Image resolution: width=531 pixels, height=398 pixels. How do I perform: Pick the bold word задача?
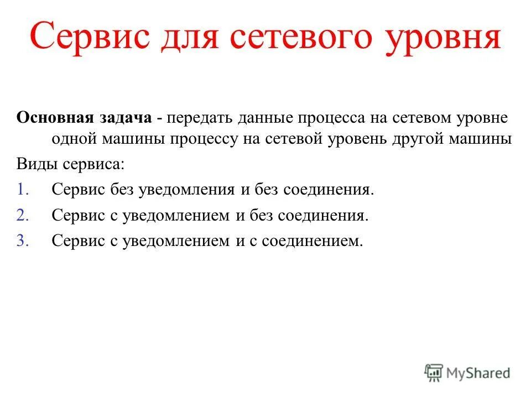tap(126, 118)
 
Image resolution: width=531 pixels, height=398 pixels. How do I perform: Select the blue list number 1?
tap(22, 190)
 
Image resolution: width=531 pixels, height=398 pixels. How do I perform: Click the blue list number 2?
tap(22, 215)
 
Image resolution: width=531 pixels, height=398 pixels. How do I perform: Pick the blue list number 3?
tap(22, 240)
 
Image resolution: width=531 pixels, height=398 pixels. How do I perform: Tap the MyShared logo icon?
tap(434, 373)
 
